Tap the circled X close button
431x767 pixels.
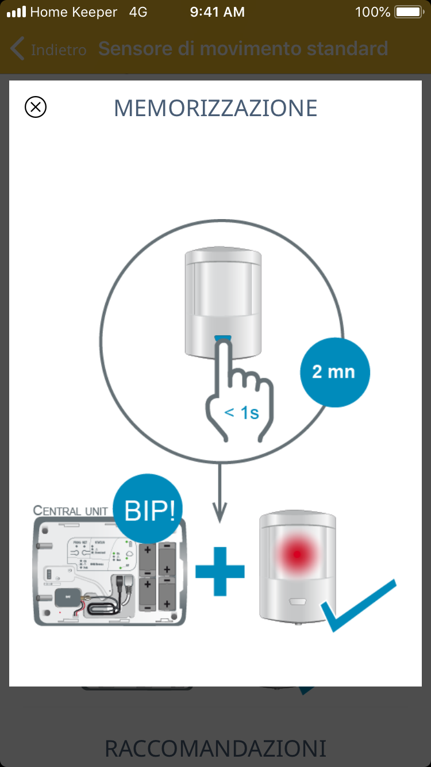(36, 107)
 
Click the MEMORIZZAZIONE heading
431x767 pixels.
(215, 108)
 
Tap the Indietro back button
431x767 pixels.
(49, 49)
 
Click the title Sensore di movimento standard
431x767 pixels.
(243, 49)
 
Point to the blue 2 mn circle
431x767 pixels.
(335, 371)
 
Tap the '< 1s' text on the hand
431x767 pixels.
(241, 412)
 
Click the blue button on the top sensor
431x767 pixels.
(223, 338)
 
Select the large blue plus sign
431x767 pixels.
(220, 571)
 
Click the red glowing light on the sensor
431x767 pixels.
(297, 554)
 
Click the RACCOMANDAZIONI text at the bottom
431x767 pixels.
(215, 748)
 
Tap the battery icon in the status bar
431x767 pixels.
(409, 12)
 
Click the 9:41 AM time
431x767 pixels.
(217, 12)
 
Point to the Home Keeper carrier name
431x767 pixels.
(74, 12)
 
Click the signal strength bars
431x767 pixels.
(16, 12)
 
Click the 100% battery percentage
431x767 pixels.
(372, 12)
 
